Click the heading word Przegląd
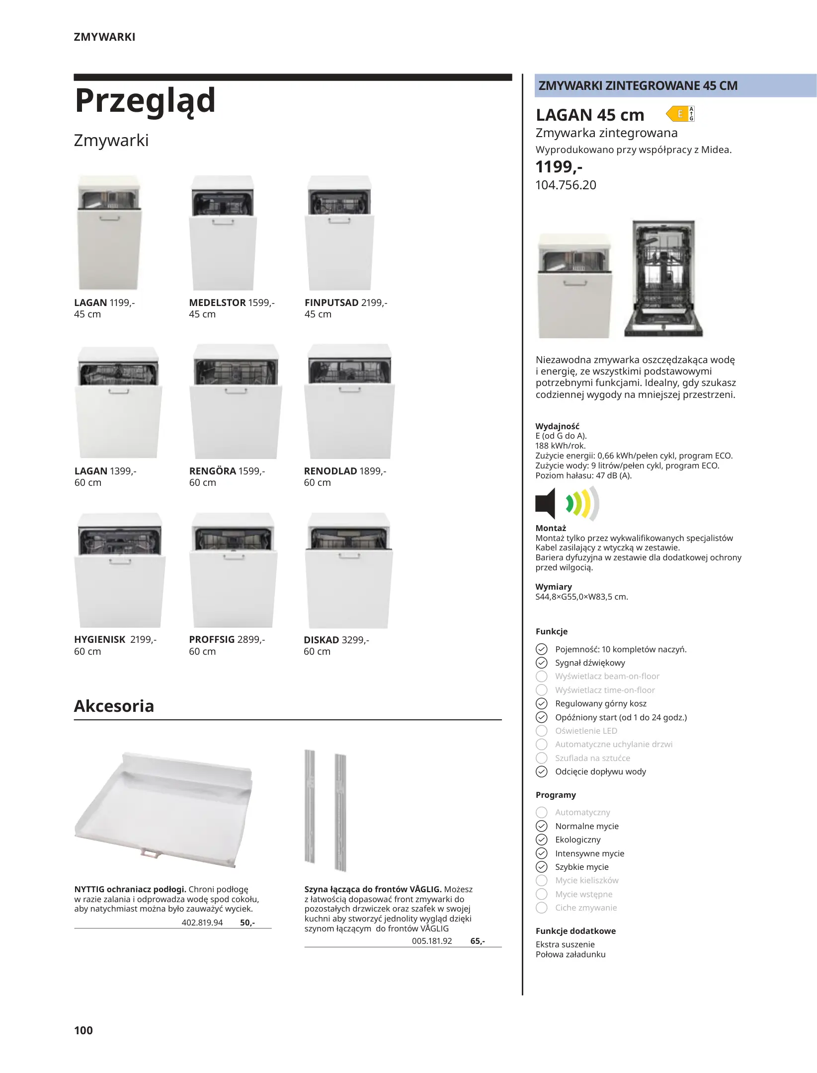[145, 101]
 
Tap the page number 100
[83, 1030]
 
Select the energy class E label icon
[680, 114]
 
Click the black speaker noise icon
[545, 503]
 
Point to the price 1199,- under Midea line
[559, 167]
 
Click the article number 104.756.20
[566, 185]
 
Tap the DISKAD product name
[321, 640]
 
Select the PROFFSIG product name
[212, 639]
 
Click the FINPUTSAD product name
[331, 303]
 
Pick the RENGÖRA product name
[213, 471]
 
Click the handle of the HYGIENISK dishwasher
[119, 562]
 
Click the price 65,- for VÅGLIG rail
[478, 941]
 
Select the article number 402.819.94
[202, 922]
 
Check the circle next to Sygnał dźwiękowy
[542, 663]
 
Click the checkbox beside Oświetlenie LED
[542, 731]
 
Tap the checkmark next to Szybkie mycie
[542, 867]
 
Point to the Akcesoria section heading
[114, 706]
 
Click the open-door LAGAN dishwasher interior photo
[663, 278]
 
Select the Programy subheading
[556, 795]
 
